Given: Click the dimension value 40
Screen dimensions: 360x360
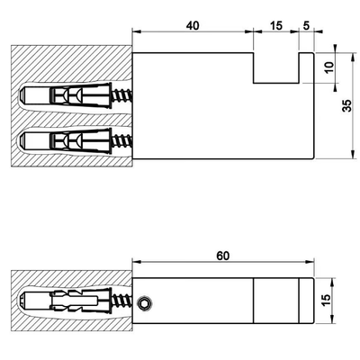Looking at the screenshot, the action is click(x=193, y=26).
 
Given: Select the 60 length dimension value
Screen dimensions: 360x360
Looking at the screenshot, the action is click(x=223, y=256).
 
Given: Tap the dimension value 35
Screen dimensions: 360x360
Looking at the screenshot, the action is click(x=347, y=105).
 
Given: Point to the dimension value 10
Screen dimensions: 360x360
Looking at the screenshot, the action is click(x=329, y=67).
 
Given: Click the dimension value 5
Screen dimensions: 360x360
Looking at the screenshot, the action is click(x=306, y=26).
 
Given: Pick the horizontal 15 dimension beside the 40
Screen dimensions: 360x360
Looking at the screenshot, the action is click(x=276, y=26).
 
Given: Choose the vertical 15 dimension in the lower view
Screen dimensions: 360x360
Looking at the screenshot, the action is click(x=327, y=301).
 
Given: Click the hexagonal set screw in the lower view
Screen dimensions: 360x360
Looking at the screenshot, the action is click(x=145, y=303).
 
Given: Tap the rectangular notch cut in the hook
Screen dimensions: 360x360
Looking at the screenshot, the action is click(x=276, y=68).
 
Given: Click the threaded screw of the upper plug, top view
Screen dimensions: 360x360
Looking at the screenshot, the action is click(x=122, y=95).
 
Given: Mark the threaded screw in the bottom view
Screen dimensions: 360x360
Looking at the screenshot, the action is click(x=122, y=301).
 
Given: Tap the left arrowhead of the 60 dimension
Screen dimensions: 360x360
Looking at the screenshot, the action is click(x=137, y=262).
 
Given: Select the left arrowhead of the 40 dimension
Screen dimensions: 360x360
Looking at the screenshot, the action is click(x=137, y=31).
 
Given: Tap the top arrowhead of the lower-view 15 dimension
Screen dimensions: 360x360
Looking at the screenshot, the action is click(x=332, y=282).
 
